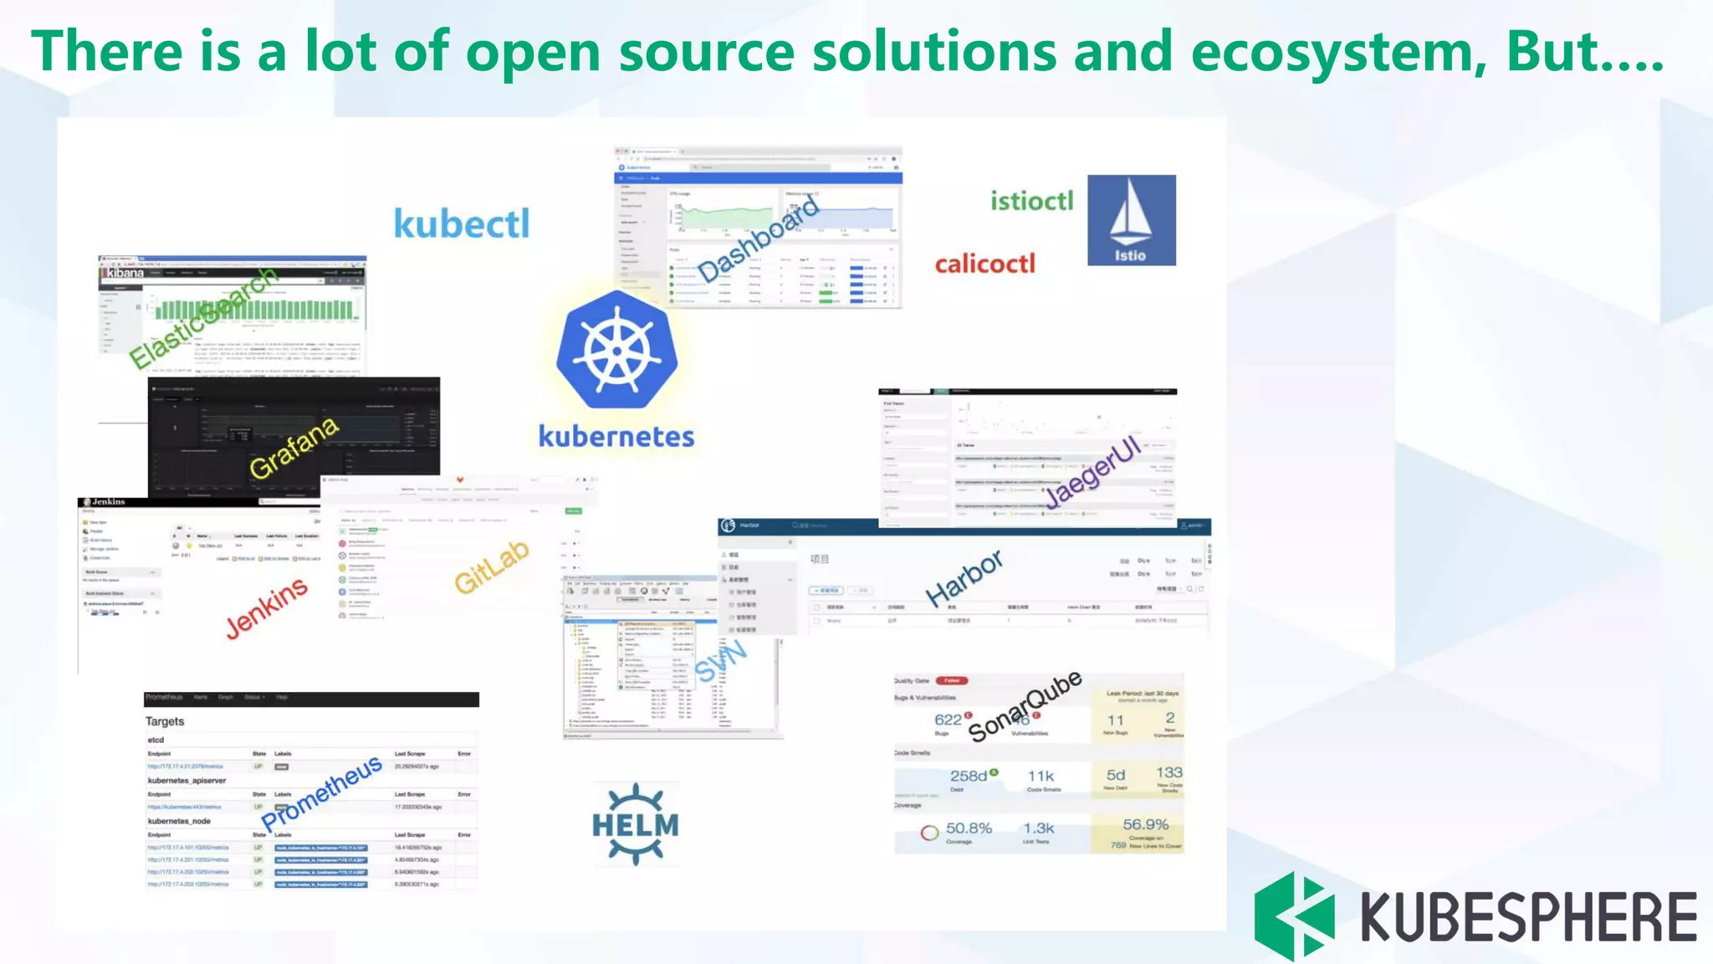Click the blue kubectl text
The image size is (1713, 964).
[x=462, y=223]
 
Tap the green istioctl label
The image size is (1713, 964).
[x=1031, y=201]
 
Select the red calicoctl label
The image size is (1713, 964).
[x=984, y=264]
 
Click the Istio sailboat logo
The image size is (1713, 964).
[x=1131, y=220]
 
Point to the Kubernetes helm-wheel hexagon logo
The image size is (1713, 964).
[x=617, y=350]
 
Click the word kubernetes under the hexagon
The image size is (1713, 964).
[x=616, y=436]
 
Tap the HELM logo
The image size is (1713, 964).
[x=636, y=824]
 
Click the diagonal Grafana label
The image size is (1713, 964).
[x=294, y=448]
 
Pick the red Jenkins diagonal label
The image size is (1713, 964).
[x=267, y=608]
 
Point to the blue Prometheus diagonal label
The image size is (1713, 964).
[x=322, y=792]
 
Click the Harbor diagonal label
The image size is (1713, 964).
[x=964, y=577]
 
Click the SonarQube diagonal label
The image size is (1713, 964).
[x=1025, y=705]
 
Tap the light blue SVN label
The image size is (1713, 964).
[x=720, y=661]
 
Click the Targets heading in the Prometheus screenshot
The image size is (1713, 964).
[x=165, y=721]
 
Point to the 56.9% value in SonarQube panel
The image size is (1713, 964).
[x=1145, y=824]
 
